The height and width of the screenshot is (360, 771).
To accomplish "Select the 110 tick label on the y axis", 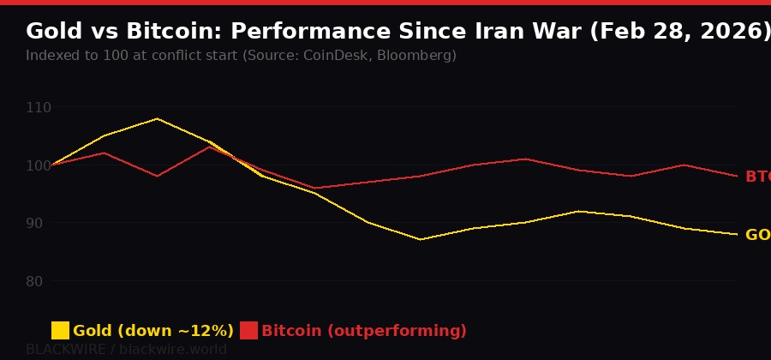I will coord(39,107).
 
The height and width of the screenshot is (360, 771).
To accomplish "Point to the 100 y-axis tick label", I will coord(39,165).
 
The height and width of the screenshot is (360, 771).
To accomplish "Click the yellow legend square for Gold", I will coord(60,331).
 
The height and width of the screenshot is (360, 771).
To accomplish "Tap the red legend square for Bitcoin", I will coord(248,331).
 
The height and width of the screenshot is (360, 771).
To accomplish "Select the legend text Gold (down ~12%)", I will coord(153,331).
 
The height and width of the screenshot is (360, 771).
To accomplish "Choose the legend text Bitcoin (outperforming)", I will coord(364,331).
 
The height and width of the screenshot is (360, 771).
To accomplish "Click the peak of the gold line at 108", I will coord(157,118).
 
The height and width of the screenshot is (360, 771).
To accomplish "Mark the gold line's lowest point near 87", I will coord(421,239).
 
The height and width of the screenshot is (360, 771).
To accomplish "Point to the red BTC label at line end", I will coord(757,177).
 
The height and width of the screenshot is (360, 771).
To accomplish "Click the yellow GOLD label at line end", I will coord(757,235).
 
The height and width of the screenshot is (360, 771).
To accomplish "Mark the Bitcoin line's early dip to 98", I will coord(157,176).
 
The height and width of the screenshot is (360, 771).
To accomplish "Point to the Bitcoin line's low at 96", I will coord(315,188).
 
